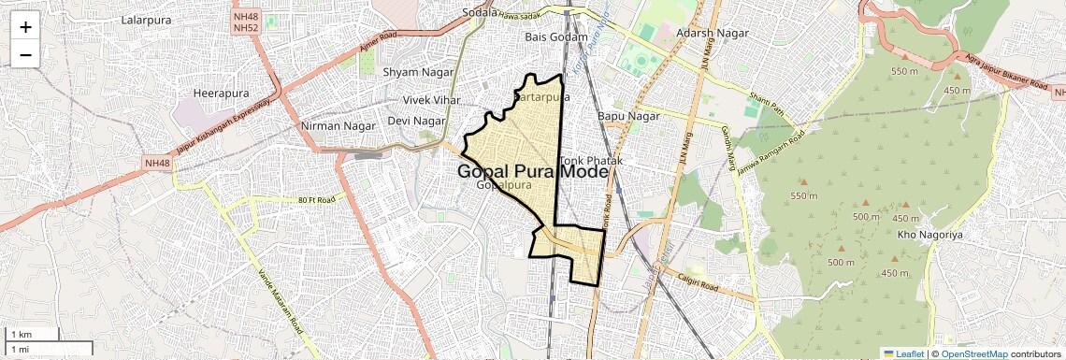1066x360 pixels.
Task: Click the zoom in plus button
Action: (x=25, y=26)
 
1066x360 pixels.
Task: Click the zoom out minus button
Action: (x=25, y=54)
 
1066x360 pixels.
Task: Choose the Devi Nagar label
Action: (x=416, y=121)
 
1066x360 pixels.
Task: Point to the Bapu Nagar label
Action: (x=628, y=116)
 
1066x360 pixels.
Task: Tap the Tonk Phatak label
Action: (x=591, y=161)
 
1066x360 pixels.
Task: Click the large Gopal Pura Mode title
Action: (x=533, y=172)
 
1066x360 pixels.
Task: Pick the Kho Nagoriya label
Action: (x=929, y=234)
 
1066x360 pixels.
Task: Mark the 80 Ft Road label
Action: (x=316, y=200)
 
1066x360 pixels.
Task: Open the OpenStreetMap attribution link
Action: (x=973, y=353)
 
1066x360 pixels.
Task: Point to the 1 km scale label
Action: (x=21, y=334)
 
